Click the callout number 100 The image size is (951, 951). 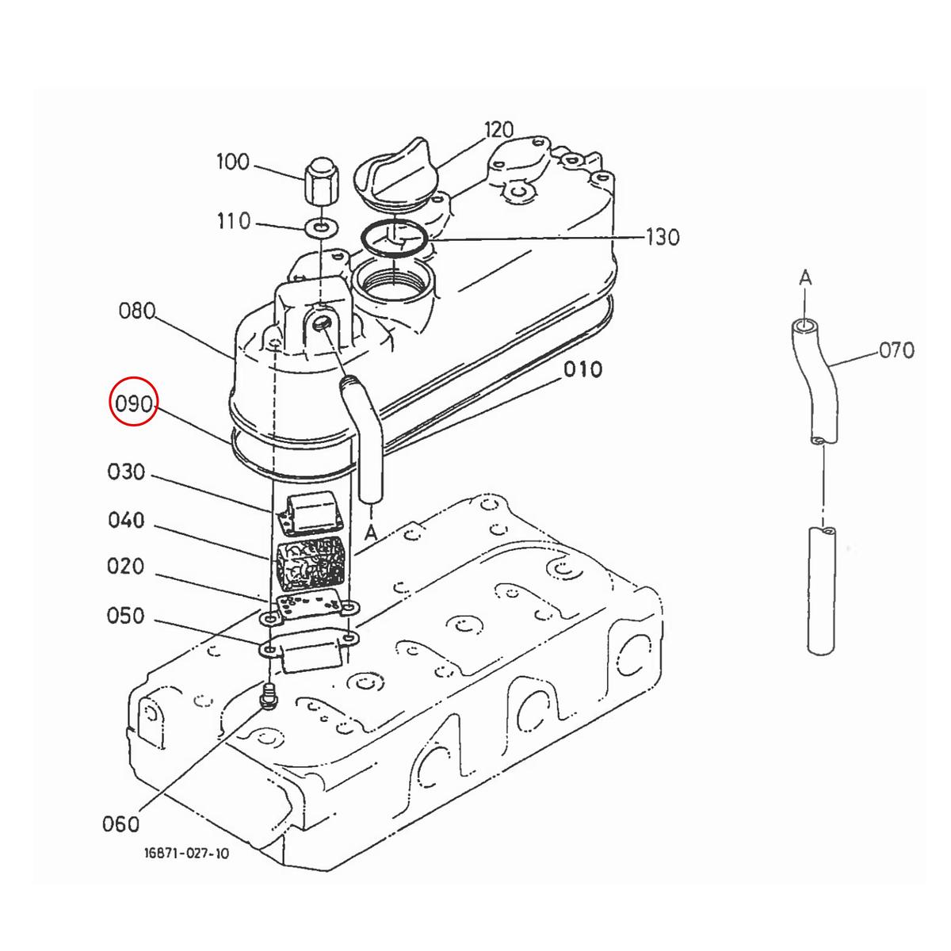tap(233, 162)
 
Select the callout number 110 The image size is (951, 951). tap(234, 221)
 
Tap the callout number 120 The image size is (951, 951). tap(499, 130)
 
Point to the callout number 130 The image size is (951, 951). tap(663, 238)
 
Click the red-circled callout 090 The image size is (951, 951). tap(133, 403)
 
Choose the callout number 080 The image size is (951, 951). tap(137, 311)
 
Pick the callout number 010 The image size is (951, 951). tap(582, 369)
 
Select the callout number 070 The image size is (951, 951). tap(896, 350)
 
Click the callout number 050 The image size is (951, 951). tap(125, 616)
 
